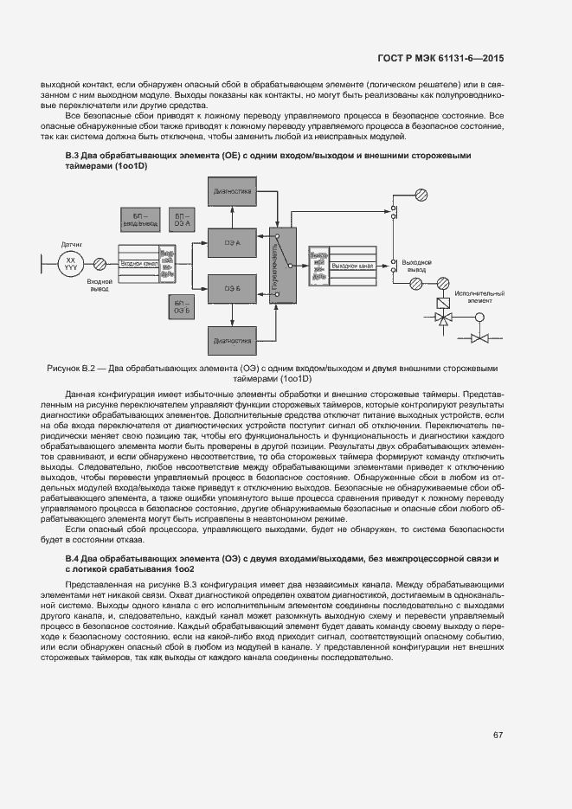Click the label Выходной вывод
tap(417, 265)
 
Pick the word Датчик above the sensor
tap(71, 244)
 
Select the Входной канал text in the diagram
tap(138, 263)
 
